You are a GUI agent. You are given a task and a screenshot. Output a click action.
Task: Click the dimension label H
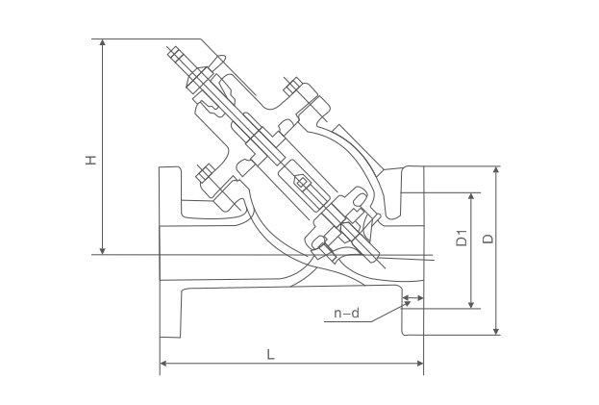[x=90, y=160]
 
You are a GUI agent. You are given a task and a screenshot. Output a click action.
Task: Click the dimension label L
[x=270, y=355]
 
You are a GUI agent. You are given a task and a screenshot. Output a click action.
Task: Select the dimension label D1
[x=462, y=238]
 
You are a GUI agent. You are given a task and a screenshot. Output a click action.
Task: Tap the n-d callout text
[x=347, y=314]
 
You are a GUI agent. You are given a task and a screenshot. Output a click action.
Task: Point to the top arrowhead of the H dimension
[x=102, y=42]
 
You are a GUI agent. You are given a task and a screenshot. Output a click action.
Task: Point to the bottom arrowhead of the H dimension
[x=102, y=251]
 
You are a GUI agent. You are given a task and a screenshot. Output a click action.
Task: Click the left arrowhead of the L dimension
[x=163, y=363]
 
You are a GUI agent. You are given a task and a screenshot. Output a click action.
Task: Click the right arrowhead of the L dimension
[x=420, y=363]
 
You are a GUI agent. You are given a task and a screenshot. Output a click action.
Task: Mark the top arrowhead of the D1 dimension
[x=471, y=197]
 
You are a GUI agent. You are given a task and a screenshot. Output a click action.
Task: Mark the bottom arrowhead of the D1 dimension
[x=471, y=304]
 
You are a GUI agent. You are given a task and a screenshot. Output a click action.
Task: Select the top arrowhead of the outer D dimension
[x=496, y=170]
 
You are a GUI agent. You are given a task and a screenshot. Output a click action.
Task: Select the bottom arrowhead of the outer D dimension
[x=496, y=331]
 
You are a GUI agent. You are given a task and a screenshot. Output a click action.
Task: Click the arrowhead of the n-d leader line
[x=408, y=303]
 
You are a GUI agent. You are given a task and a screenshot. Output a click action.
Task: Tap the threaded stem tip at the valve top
[x=175, y=54]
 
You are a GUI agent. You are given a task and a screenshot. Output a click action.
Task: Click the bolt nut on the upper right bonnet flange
[x=293, y=87]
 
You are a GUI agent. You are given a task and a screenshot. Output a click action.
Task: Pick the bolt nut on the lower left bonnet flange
[x=206, y=173]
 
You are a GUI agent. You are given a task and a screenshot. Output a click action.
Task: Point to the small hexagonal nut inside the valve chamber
[x=301, y=182]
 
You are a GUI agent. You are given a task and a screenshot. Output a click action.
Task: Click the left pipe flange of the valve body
[x=170, y=252]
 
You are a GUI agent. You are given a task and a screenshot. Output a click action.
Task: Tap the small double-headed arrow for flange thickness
[x=413, y=298]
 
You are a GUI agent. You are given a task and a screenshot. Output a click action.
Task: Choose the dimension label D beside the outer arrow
[x=487, y=239]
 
